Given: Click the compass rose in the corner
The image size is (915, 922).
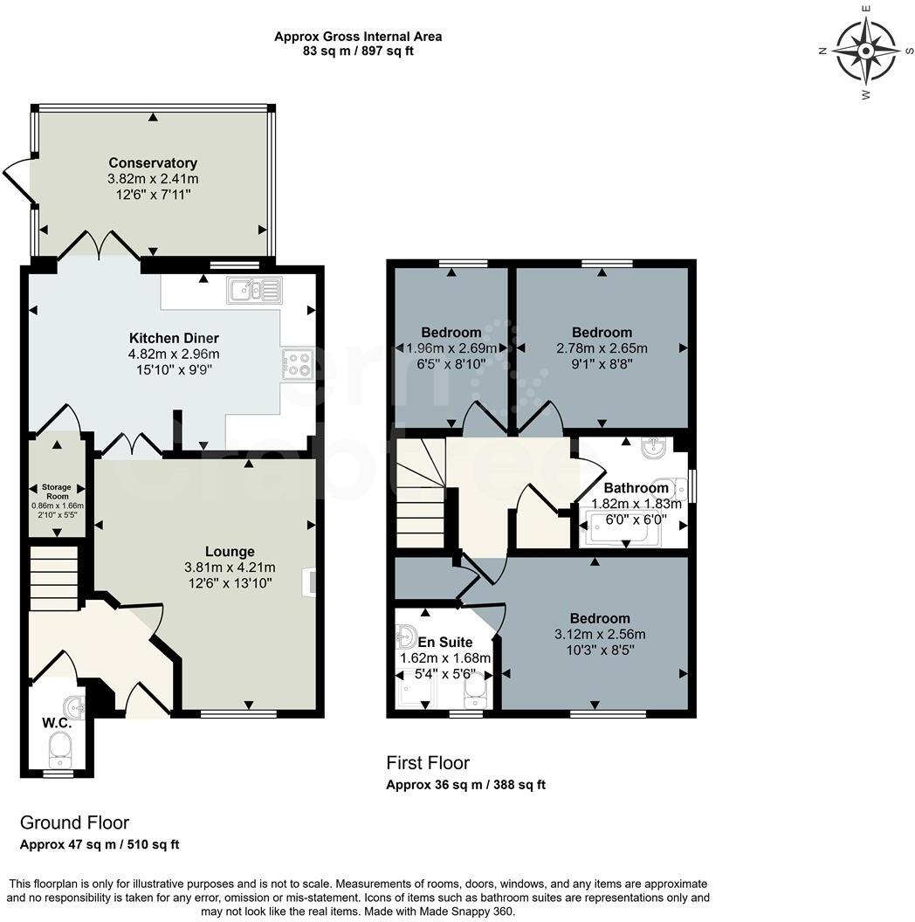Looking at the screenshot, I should click(x=865, y=52).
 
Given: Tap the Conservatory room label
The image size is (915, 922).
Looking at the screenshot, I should click(x=153, y=162).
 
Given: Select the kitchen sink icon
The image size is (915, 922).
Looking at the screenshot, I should click(x=254, y=290).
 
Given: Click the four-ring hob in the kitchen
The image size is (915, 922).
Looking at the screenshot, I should click(x=298, y=364).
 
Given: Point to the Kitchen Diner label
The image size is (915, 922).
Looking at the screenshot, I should click(x=174, y=338).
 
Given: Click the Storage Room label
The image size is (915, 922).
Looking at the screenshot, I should click(x=58, y=491).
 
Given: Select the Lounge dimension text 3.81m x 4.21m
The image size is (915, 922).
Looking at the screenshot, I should click(x=230, y=567).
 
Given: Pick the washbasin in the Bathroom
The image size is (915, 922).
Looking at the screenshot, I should click(x=655, y=449).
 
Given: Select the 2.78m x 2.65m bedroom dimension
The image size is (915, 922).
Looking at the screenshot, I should click(x=602, y=348).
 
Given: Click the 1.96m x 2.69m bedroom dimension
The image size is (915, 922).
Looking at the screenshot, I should click(x=451, y=348).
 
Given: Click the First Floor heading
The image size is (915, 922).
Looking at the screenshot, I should click(x=428, y=763).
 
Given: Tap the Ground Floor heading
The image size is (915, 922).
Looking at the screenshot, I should click(x=74, y=822).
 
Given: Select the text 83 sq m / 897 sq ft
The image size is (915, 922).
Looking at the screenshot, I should click(x=358, y=51).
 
